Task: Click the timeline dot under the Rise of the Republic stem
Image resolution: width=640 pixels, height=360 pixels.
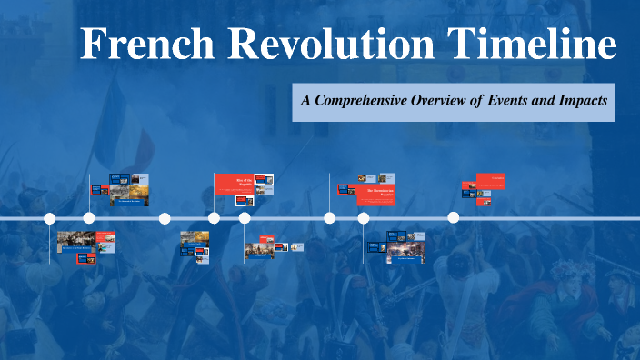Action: point(214,218)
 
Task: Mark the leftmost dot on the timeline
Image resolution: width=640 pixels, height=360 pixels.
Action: point(50,218)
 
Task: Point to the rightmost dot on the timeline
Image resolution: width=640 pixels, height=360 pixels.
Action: point(454,218)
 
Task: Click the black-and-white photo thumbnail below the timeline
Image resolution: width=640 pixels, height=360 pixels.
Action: point(76,241)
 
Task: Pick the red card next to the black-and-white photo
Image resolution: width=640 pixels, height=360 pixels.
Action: point(106,242)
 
